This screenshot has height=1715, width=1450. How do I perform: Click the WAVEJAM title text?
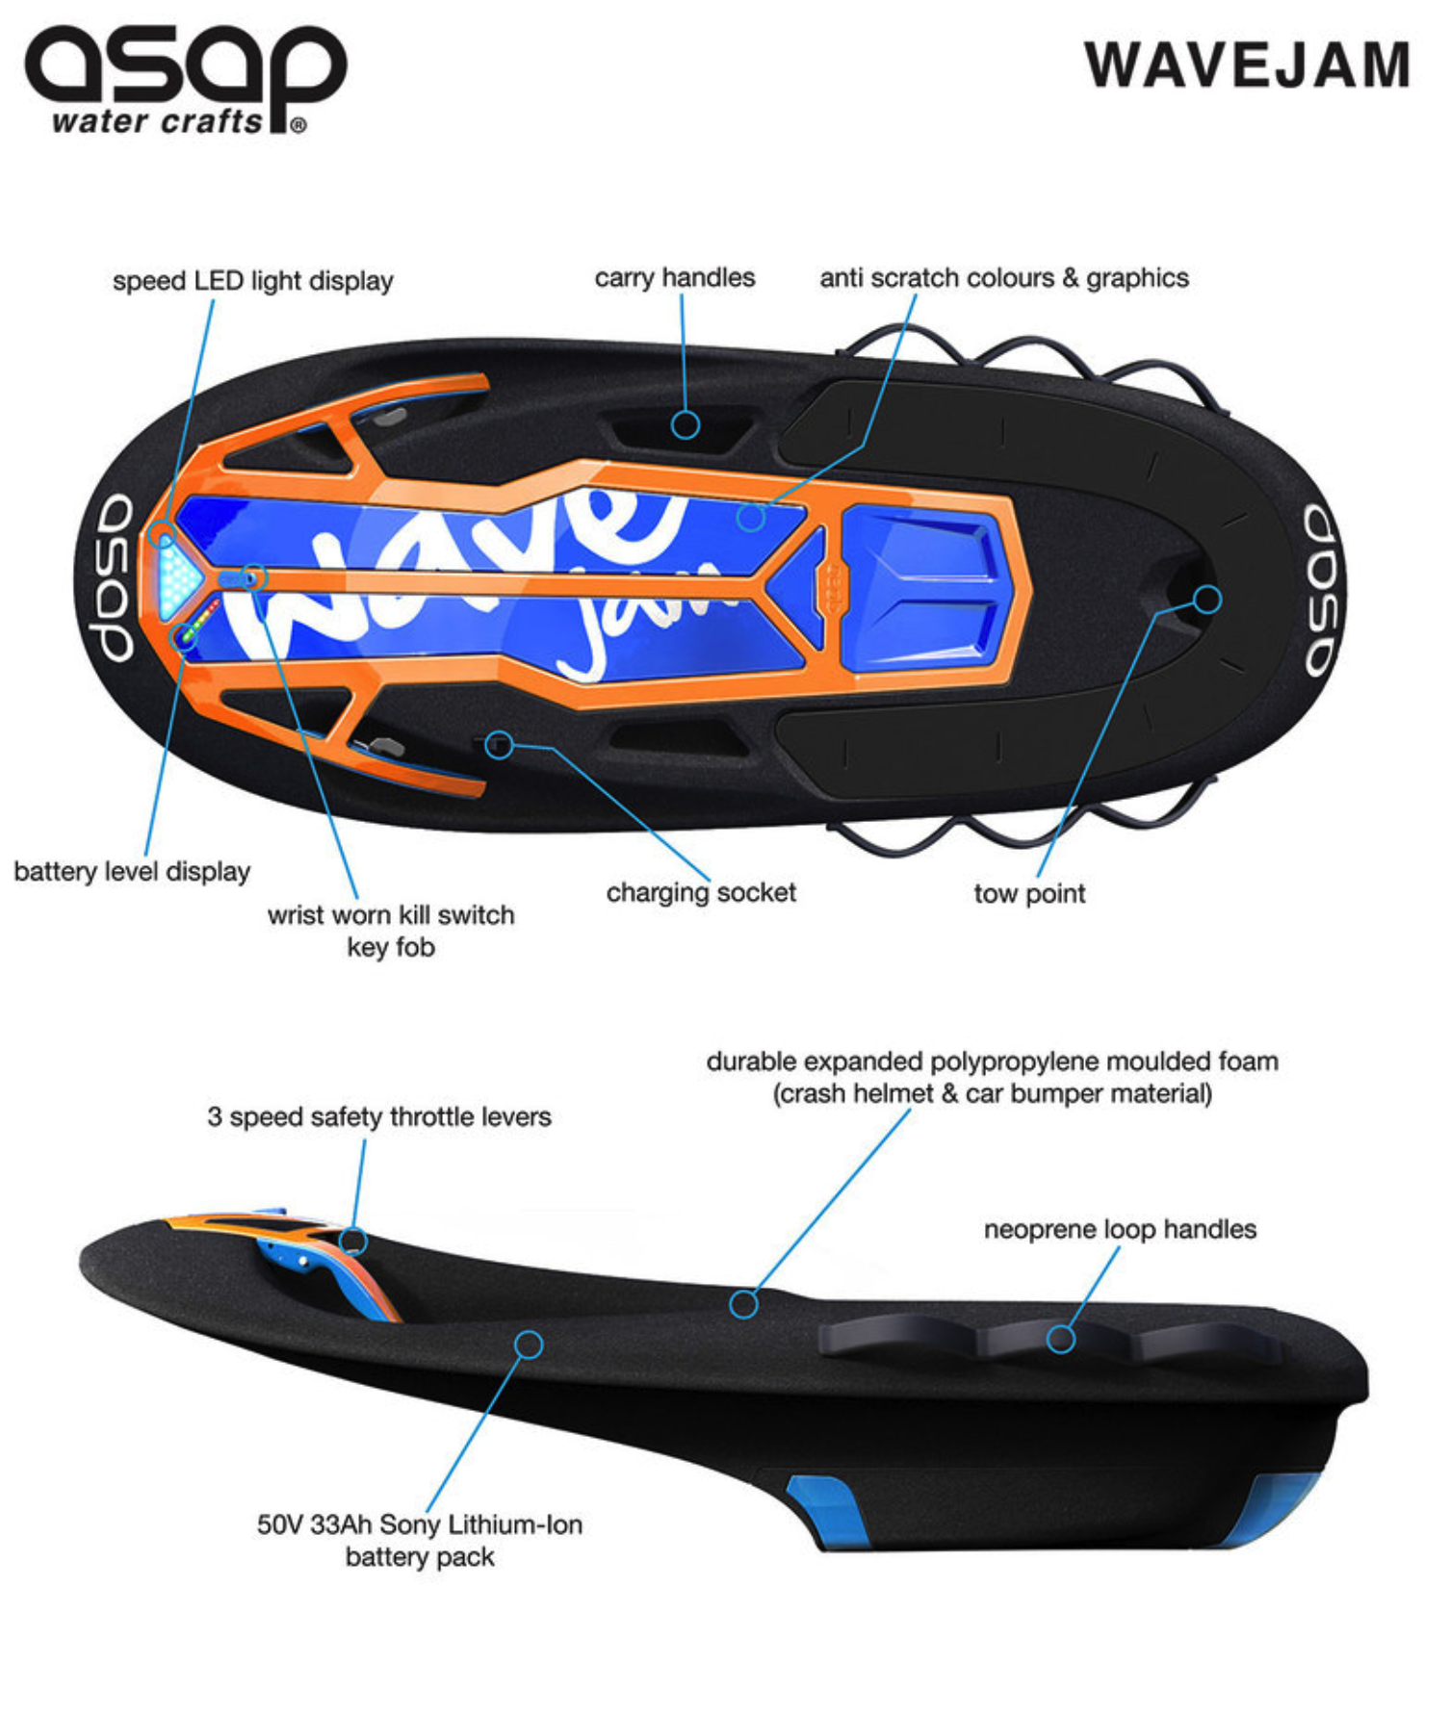pos(1247,65)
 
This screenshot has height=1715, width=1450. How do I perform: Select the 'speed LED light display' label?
pos(253,281)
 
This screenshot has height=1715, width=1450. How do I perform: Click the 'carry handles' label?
pos(674,278)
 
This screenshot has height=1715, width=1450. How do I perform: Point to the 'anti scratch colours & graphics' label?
pos(1003,278)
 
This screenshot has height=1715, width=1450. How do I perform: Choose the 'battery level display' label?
pos(132,872)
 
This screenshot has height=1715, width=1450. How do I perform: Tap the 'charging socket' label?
pos(701,893)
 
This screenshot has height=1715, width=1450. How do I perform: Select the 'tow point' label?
pos(1029,894)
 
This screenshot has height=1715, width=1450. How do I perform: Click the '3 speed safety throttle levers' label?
pos(379,1117)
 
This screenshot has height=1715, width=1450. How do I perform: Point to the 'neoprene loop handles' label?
pos(1120,1230)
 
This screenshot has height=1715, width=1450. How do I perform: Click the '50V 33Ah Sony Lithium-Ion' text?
pos(420,1525)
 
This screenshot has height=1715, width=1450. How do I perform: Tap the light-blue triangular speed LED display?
pos(176,576)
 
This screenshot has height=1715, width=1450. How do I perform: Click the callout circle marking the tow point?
pos(1207,600)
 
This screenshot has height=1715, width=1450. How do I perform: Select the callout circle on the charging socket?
pos(499,744)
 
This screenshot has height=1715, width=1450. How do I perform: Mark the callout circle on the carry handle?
pos(686,424)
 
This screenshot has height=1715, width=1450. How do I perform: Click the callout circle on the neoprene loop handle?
pos(1061,1339)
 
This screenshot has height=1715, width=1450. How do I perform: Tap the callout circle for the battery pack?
pos(529,1344)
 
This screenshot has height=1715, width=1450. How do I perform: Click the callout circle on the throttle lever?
pos(353,1241)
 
